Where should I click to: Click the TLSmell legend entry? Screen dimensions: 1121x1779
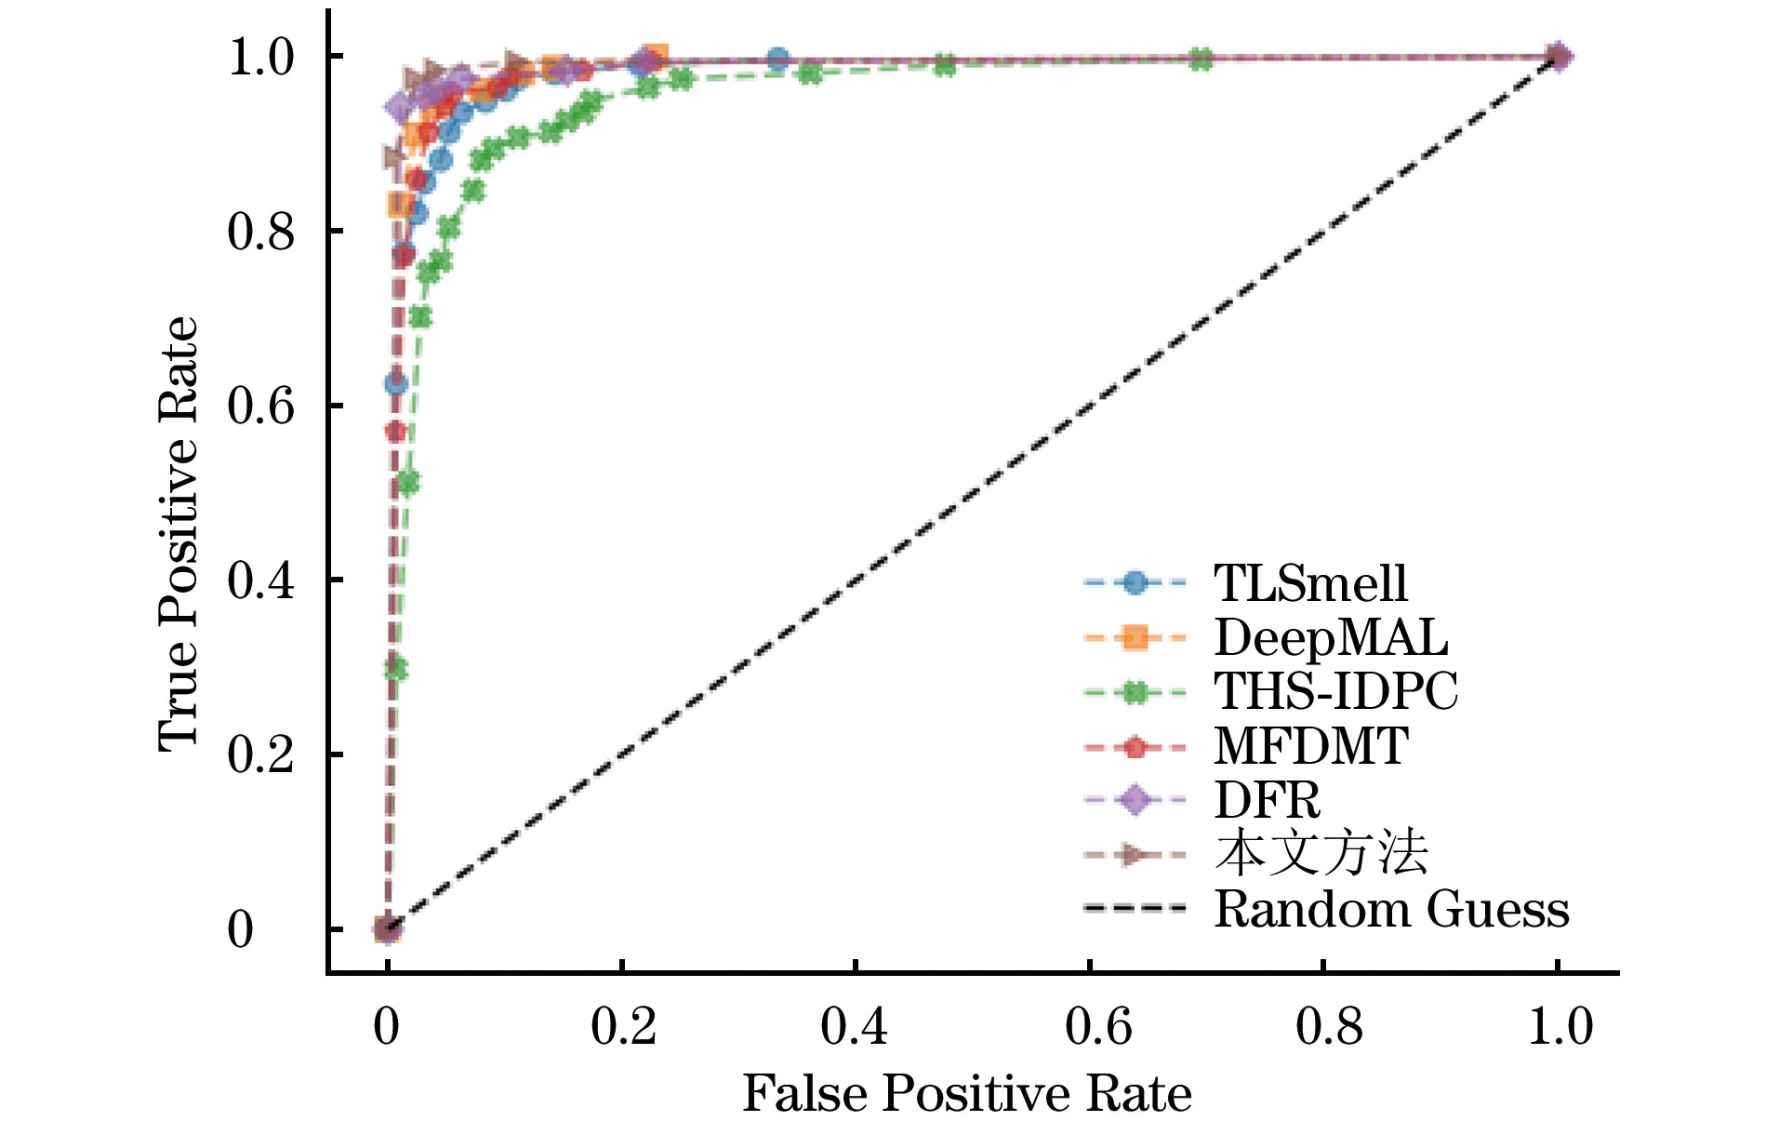tap(1310, 584)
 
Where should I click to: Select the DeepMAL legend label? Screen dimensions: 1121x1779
tap(1331, 638)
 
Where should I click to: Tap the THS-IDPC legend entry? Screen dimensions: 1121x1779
tap(1335, 692)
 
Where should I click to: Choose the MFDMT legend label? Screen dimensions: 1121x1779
tap(1311, 746)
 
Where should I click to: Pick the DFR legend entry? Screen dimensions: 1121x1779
tap(1267, 800)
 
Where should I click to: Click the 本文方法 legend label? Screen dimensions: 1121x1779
tap(1321, 854)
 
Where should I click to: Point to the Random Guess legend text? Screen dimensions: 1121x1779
tap(1391, 909)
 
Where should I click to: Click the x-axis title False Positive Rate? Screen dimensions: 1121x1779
tap(966, 1093)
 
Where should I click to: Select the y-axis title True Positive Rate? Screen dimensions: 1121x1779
tap(178, 534)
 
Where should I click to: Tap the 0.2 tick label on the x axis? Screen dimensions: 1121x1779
tap(623, 1027)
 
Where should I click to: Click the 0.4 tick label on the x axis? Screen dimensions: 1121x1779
tap(854, 1027)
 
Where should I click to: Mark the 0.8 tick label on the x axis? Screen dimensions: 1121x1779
tap(1329, 1027)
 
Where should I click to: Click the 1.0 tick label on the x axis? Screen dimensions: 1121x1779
tap(1560, 1027)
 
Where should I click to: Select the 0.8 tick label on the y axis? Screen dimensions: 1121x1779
tap(260, 231)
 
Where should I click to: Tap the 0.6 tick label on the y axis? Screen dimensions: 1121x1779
tap(260, 406)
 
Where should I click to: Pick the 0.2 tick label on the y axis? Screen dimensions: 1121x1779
tap(260, 754)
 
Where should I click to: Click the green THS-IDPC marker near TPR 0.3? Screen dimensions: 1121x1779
tap(395, 668)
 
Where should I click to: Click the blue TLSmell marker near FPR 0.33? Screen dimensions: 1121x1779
tap(778, 60)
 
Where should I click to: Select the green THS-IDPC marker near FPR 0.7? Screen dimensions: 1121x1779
tap(1201, 60)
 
